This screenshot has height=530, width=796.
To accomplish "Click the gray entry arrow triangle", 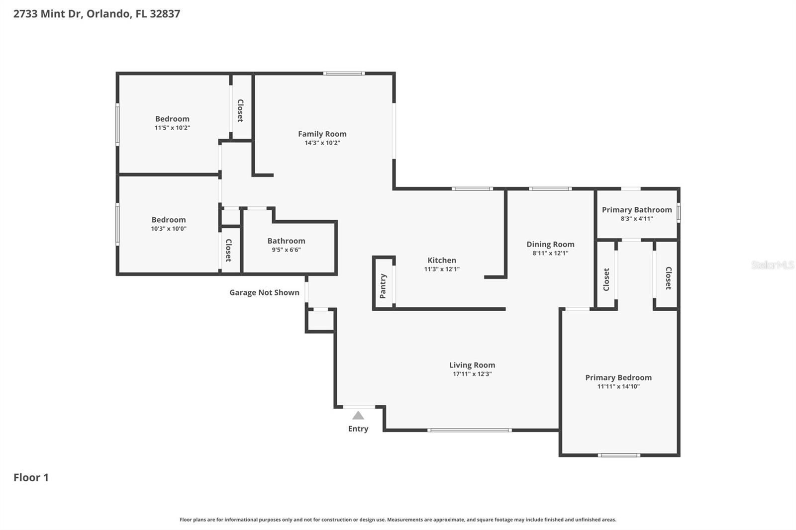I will click(358, 416).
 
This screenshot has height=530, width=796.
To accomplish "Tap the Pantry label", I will click(383, 286).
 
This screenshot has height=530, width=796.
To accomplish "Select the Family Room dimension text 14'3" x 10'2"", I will click(322, 143).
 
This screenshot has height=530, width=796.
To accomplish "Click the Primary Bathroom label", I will click(637, 210).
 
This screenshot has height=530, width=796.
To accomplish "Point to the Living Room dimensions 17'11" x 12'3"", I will click(472, 374).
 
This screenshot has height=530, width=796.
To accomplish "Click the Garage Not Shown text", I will click(264, 293).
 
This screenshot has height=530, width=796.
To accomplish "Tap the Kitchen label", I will click(442, 261).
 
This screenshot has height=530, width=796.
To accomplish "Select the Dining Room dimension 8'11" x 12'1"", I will click(550, 253).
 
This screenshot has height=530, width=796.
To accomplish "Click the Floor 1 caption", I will click(31, 478).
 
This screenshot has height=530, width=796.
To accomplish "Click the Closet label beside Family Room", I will click(240, 110).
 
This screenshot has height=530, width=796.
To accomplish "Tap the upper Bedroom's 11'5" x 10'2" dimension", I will click(172, 128).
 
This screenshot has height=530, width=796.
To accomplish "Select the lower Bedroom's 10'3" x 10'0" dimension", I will click(169, 229).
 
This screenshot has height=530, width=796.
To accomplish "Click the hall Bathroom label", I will click(286, 241).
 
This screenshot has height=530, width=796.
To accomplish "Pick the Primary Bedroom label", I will click(618, 378).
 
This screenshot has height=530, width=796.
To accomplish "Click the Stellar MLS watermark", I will click(772, 265).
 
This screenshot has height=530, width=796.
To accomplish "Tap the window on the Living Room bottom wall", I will click(469, 430).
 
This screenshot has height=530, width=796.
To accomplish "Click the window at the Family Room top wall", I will click(344, 74).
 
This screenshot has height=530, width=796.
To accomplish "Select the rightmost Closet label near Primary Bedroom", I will click(668, 278).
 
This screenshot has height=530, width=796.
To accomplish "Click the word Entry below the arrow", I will click(358, 429).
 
